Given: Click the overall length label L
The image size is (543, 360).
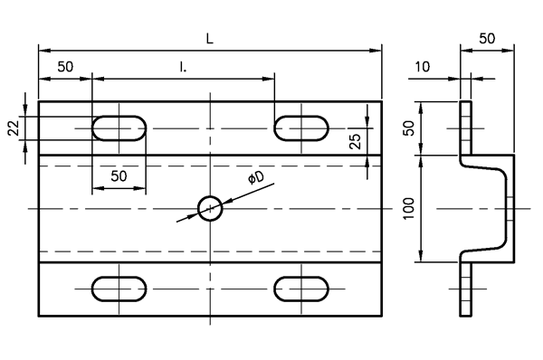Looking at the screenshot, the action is click(210, 39).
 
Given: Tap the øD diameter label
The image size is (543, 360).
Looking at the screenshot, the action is click(256, 177).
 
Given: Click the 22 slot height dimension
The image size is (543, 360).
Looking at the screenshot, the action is click(14, 128).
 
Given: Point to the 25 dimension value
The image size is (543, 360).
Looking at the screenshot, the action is click(356, 141).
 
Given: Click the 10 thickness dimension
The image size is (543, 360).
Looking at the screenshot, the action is click(422, 66).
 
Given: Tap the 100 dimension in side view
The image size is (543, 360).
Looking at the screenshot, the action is click(409, 208).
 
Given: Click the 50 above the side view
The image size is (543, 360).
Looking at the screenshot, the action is click(487, 38).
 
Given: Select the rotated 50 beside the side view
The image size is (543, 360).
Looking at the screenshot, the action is click(409, 128).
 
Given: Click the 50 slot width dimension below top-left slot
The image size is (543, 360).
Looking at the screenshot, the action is click(119, 176).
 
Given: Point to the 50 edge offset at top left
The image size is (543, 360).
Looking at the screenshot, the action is click(65, 66).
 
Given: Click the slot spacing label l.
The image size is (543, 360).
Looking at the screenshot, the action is click(183, 67).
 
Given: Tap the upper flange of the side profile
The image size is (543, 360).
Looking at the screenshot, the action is click(466, 128).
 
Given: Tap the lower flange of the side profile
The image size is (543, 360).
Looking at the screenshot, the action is click(466, 289).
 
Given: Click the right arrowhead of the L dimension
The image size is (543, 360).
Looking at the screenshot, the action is click(376, 51).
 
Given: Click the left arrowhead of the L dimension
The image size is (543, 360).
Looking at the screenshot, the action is click(45, 51).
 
